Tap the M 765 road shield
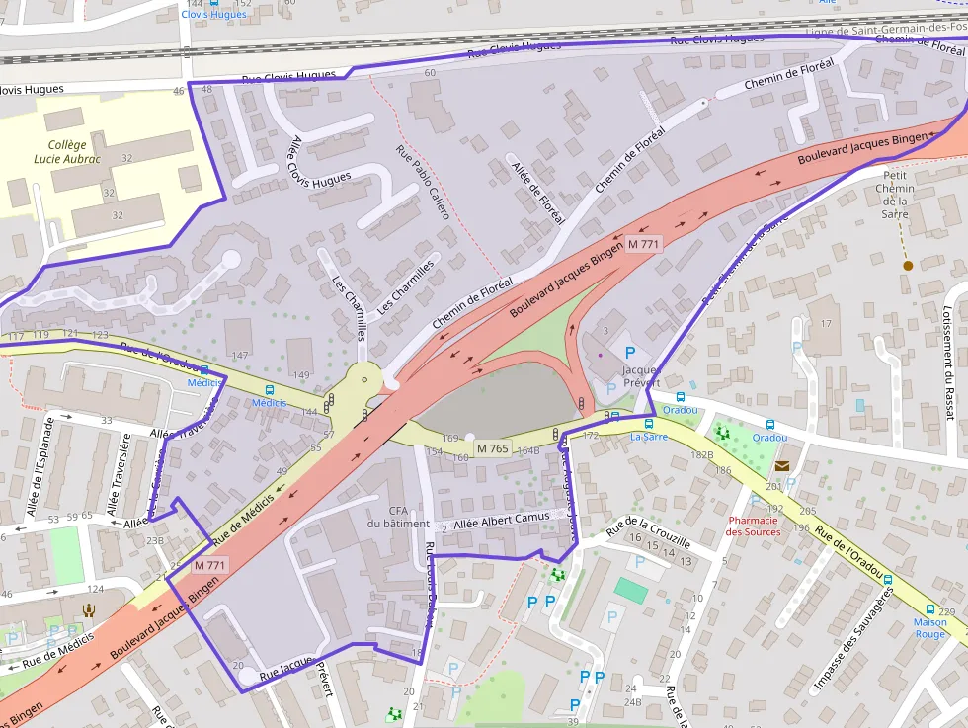[493, 448]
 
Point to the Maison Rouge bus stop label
[929, 628]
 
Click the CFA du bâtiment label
[398, 517]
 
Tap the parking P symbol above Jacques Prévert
[629, 352]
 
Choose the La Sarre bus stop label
[649, 436]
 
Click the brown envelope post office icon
[782, 465]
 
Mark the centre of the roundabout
[365, 379]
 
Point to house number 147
[239, 355]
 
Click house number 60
[429, 73]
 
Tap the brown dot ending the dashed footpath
[907, 265]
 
